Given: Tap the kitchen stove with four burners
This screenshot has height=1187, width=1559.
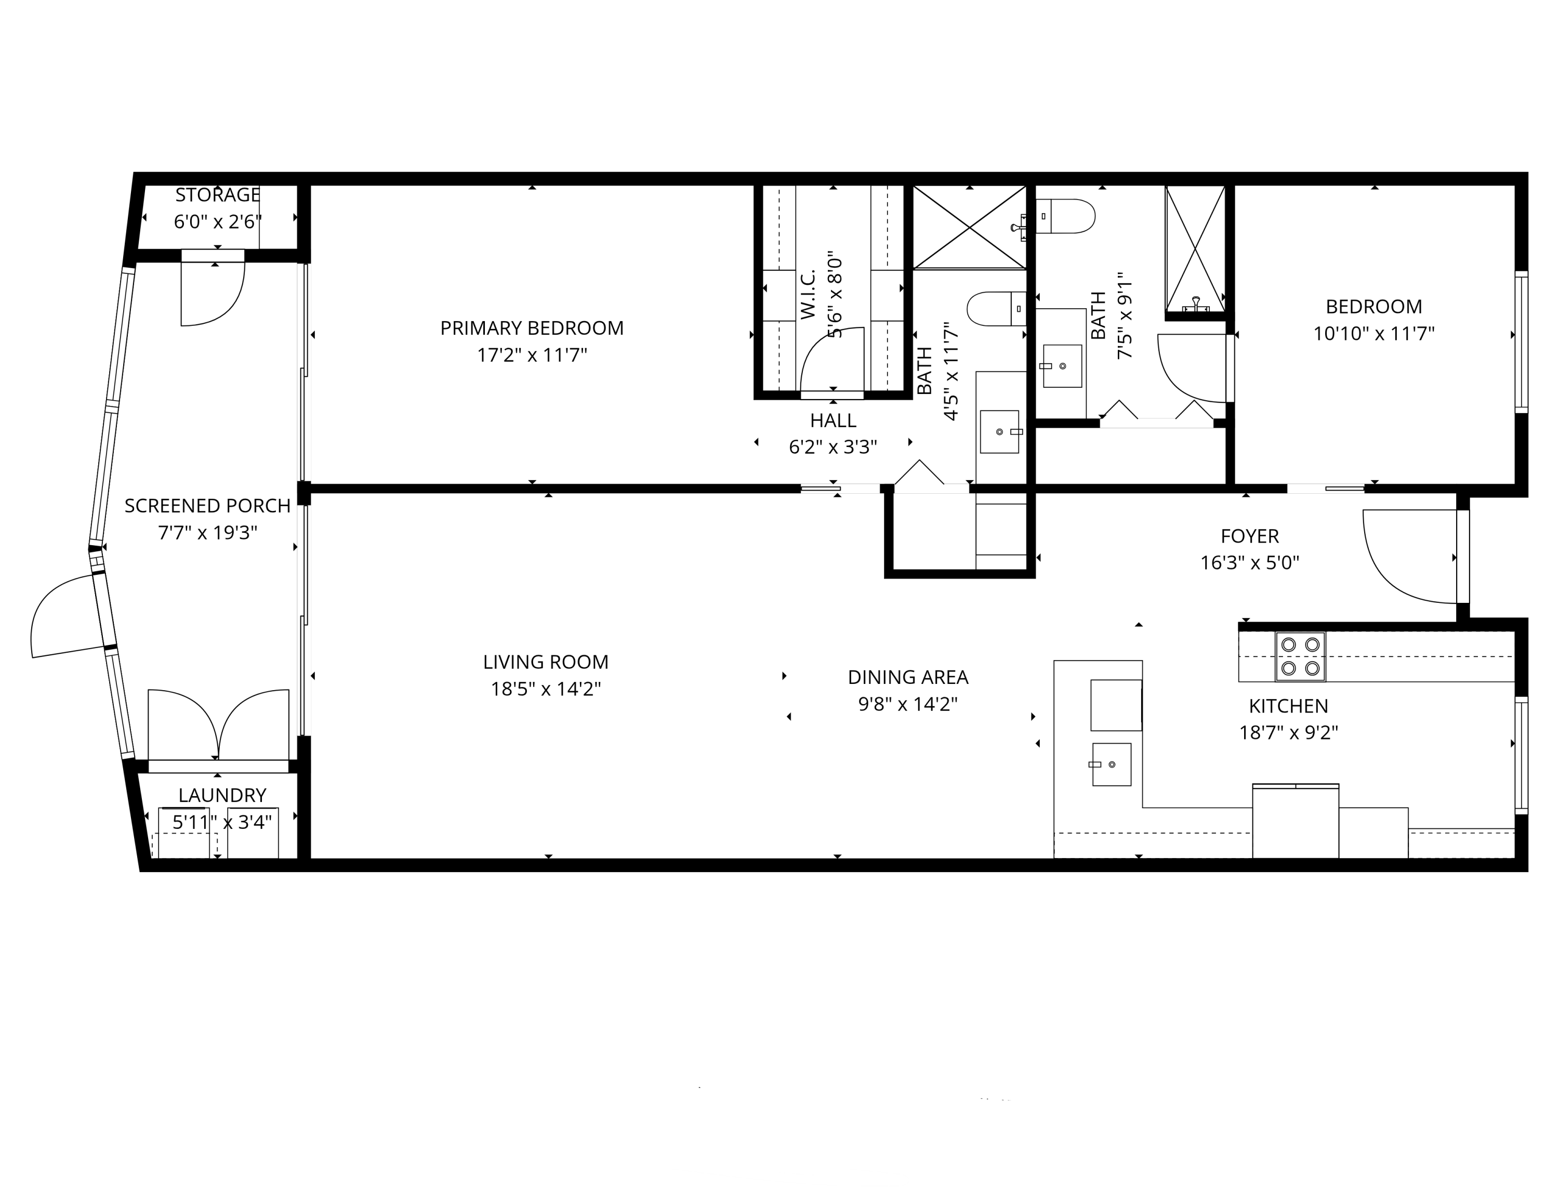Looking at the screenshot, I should pos(1300,656).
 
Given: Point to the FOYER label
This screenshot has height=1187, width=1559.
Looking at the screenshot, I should pos(1250,536).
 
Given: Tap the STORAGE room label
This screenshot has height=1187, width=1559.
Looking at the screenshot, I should pos(218,195).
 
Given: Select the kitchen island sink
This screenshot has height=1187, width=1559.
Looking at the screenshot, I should pos(1111,764).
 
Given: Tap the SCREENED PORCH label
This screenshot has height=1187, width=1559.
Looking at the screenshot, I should pos(207,506).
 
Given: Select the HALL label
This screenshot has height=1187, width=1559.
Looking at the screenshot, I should pos(833,420).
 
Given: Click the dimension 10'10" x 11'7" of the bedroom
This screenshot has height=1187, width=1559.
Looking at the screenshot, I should pos(1373,334).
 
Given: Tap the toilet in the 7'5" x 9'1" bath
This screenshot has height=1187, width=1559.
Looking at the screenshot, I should pos(1067,216).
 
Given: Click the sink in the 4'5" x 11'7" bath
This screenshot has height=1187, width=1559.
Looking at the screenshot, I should pos(999,431).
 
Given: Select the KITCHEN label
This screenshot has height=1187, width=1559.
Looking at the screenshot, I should pos(1288,706).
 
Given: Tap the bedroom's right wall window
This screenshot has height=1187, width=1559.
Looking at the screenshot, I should pos(1521,342).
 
